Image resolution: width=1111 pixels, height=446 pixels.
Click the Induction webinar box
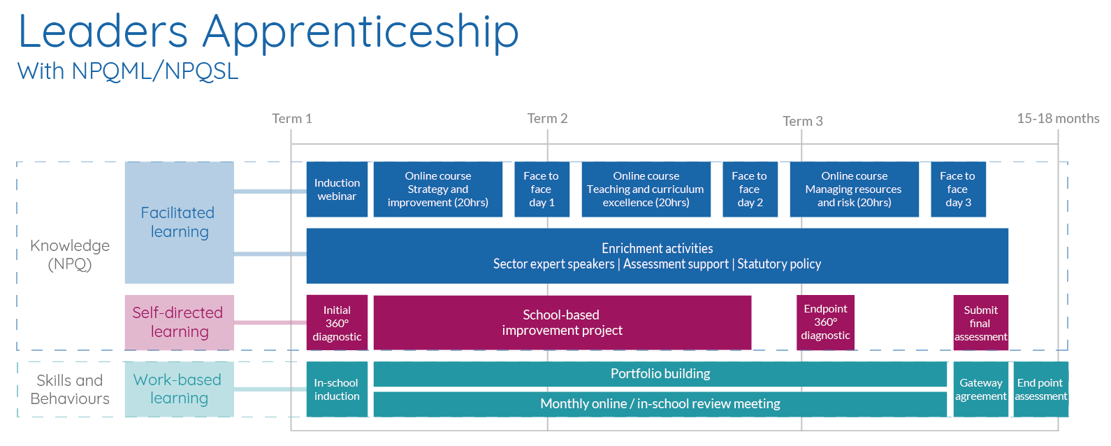coord(337,189)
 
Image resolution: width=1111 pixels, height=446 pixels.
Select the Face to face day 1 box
coord(542,189)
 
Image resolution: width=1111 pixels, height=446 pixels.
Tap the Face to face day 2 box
coord(750,189)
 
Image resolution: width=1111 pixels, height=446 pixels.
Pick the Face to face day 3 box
coord(958,189)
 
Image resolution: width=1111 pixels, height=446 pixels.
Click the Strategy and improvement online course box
coord(438,189)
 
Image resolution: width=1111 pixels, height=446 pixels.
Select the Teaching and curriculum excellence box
coord(646,189)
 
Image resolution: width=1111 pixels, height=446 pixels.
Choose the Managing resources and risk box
coord(854,189)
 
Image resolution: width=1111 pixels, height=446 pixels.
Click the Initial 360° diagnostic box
coord(337,322)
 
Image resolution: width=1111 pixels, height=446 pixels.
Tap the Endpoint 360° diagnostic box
coord(825,322)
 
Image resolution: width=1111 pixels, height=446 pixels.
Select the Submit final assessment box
coord(980,322)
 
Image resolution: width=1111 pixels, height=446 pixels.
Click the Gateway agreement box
coord(980,389)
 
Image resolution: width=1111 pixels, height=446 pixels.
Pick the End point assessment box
coord(1040,389)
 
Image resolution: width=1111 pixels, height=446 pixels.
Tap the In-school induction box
coord(337,389)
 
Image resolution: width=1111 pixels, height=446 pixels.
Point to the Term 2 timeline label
coord(547,119)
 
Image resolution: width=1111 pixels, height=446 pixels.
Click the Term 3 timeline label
coord(802,121)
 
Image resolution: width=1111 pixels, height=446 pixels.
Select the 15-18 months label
coord(1058,119)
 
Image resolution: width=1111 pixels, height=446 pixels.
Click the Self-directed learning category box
coord(179,322)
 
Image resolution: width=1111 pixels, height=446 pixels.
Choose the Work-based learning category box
coord(179,389)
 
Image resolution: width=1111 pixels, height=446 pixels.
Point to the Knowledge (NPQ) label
coord(70,254)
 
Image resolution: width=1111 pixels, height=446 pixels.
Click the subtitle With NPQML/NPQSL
coord(128,71)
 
